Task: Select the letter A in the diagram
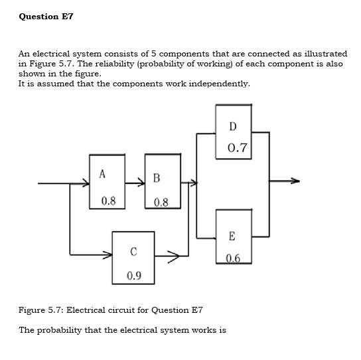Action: [102, 174]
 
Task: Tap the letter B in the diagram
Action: [155, 177]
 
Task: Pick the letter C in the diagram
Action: [133, 251]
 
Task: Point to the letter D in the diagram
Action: [232, 126]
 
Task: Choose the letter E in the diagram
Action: [232, 236]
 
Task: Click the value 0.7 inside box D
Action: [237, 148]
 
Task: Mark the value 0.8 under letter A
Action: [108, 200]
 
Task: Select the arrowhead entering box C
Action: [108, 253]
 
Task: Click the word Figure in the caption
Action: [32, 310]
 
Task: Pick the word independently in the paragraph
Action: [220, 84]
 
